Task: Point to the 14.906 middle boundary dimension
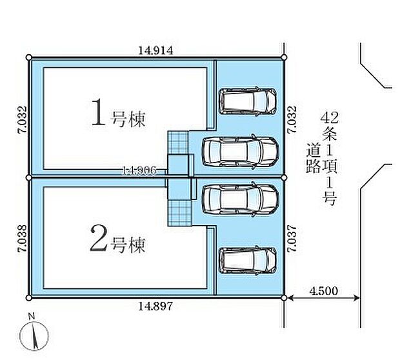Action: click(x=138, y=170)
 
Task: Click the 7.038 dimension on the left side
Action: click(x=21, y=236)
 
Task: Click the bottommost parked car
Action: click(x=249, y=261)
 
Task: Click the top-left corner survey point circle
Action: click(x=29, y=58)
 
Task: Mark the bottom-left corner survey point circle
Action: click(x=29, y=297)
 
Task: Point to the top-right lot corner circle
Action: click(x=285, y=58)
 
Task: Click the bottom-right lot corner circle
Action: click(x=285, y=297)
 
